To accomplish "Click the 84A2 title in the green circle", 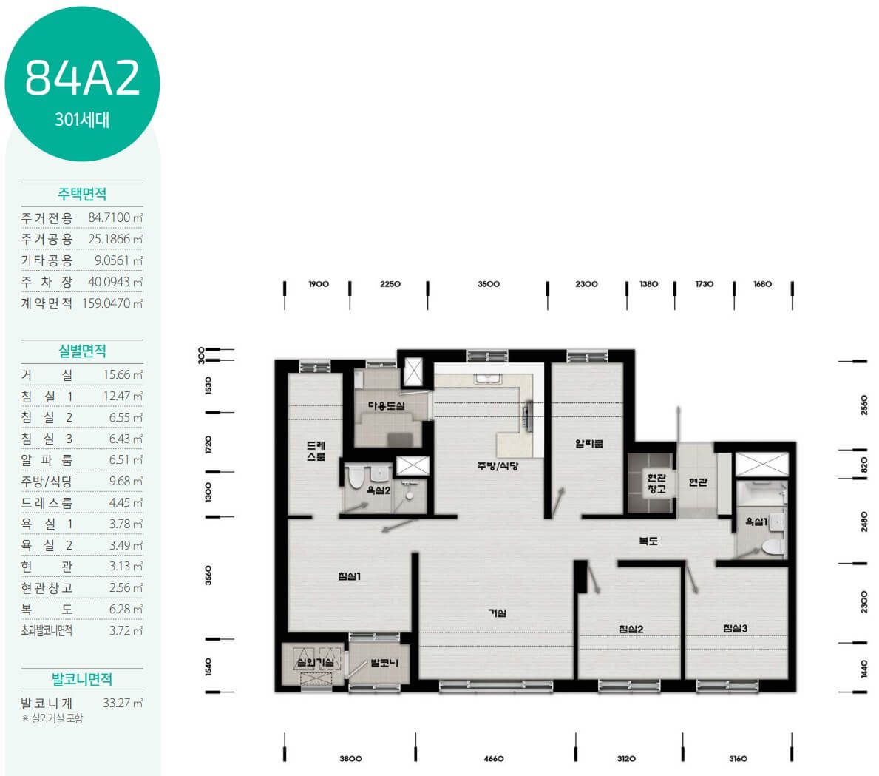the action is pyautogui.click(x=82, y=77).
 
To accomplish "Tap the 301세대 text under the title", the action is pyautogui.click(x=82, y=120).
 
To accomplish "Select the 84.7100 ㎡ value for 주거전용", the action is pyautogui.click(x=115, y=217).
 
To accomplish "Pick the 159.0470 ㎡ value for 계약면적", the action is pyautogui.click(x=112, y=303).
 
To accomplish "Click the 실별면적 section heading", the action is pyautogui.click(x=82, y=351).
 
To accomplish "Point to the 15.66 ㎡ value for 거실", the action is pyautogui.click(x=123, y=375).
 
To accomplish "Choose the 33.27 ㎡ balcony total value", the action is pyautogui.click(x=123, y=703).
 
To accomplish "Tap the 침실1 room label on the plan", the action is pyautogui.click(x=349, y=576).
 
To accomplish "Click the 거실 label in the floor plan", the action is pyautogui.click(x=498, y=613).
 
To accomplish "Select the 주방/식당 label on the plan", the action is pyautogui.click(x=498, y=466).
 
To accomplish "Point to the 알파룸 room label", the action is pyautogui.click(x=589, y=443).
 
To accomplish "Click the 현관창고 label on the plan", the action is pyautogui.click(x=656, y=483).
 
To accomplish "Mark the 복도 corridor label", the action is pyautogui.click(x=648, y=541).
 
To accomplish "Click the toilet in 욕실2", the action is pyautogui.click(x=356, y=477).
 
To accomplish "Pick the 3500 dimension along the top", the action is pyautogui.click(x=488, y=284).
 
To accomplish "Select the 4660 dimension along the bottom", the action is pyautogui.click(x=494, y=758).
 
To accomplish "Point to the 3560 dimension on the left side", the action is pyautogui.click(x=208, y=575).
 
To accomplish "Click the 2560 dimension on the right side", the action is pyautogui.click(x=864, y=405).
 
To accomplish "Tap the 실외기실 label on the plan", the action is pyautogui.click(x=316, y=663).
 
